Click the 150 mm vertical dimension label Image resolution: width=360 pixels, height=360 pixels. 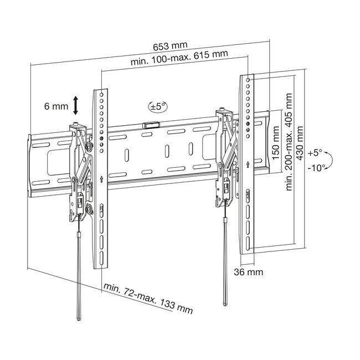click(276, 142)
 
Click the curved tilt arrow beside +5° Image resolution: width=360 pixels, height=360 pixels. click(330, 160)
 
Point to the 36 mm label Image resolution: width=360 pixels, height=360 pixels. click(249, 272)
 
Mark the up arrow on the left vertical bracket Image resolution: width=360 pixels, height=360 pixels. click(102, 179)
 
